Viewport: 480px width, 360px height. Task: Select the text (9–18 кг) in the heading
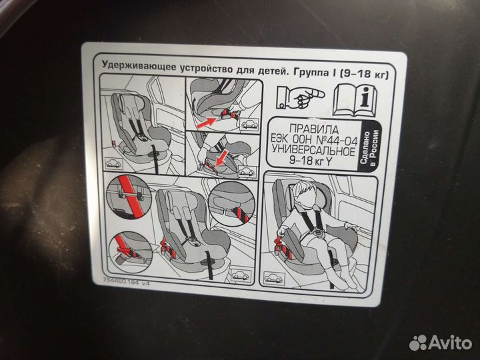364,74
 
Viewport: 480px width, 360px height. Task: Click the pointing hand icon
300,97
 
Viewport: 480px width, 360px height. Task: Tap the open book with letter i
355,99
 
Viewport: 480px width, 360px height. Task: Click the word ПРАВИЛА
314,129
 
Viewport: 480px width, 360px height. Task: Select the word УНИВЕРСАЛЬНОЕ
314,151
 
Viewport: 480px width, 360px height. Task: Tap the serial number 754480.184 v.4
126,281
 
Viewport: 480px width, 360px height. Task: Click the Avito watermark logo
441,343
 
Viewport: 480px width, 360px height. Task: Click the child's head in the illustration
304,194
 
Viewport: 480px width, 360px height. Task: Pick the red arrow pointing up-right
206,122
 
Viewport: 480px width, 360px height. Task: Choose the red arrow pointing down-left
221,158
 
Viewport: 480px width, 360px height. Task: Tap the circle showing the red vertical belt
129,197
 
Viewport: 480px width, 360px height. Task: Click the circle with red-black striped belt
232,203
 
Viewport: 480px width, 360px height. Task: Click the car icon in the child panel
274,278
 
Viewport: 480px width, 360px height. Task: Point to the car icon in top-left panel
113,163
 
